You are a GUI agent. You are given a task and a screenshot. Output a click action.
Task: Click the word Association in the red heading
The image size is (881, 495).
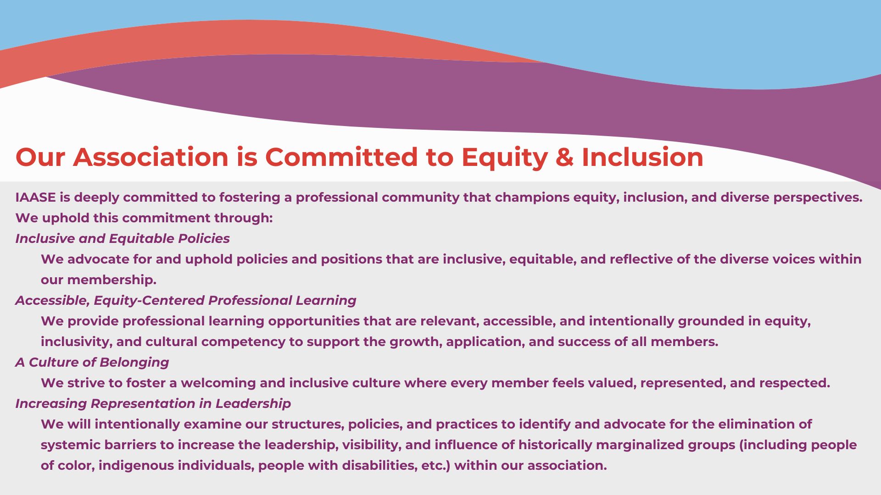pyautogui.click(x=151, y=157)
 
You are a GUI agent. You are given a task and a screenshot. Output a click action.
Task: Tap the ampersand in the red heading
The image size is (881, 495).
pyautogui.click(x=565, y=157)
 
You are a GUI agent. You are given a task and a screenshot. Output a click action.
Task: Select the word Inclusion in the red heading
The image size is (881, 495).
pyautogui.click(x=643, y=157)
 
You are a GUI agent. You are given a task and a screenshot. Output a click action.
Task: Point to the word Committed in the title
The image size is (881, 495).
pyautogui.click(x=341, y=157)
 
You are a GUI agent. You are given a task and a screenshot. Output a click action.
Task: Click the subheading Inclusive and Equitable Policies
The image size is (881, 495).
pyautogui.click(x=123, y=239)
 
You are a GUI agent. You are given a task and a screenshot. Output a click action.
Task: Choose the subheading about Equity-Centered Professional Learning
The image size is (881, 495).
pyautogui.click(x=186, y=301)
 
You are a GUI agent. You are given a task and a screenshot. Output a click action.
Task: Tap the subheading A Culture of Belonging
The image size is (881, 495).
pyautogui.click(x=92, y=363)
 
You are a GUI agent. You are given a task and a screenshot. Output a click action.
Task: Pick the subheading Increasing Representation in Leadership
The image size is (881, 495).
pyautogui.click(x=153, y=404)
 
